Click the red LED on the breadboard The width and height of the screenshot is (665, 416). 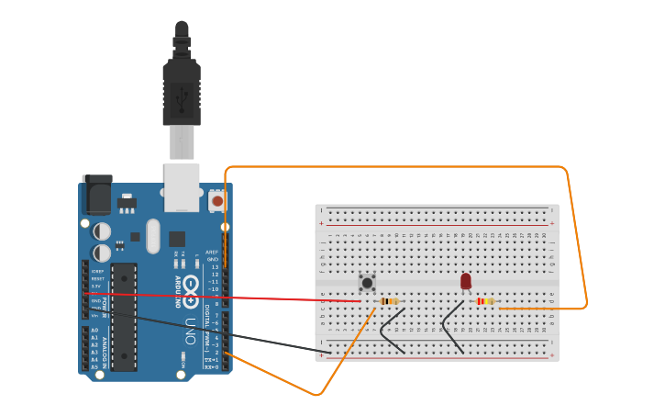point(466,281)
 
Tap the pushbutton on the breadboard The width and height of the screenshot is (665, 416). point(367,283)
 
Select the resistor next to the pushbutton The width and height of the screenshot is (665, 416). point(389,301)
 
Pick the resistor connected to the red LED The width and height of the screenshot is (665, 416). point(485,301)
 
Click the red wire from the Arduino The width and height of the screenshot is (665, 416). point(275,298)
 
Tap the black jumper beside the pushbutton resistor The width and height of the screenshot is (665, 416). point(392,331)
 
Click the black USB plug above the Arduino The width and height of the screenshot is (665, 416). point(182,92)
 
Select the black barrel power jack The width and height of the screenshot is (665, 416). point(96,194)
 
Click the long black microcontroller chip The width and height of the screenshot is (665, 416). point(124,317)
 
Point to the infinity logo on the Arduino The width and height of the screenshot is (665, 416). point(191,292)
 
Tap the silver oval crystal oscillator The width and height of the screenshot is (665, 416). point(152,235)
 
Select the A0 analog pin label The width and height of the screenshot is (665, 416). point(94,331)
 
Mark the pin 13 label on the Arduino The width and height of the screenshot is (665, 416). point(215,267)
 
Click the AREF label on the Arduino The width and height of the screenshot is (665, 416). point(212,253)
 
